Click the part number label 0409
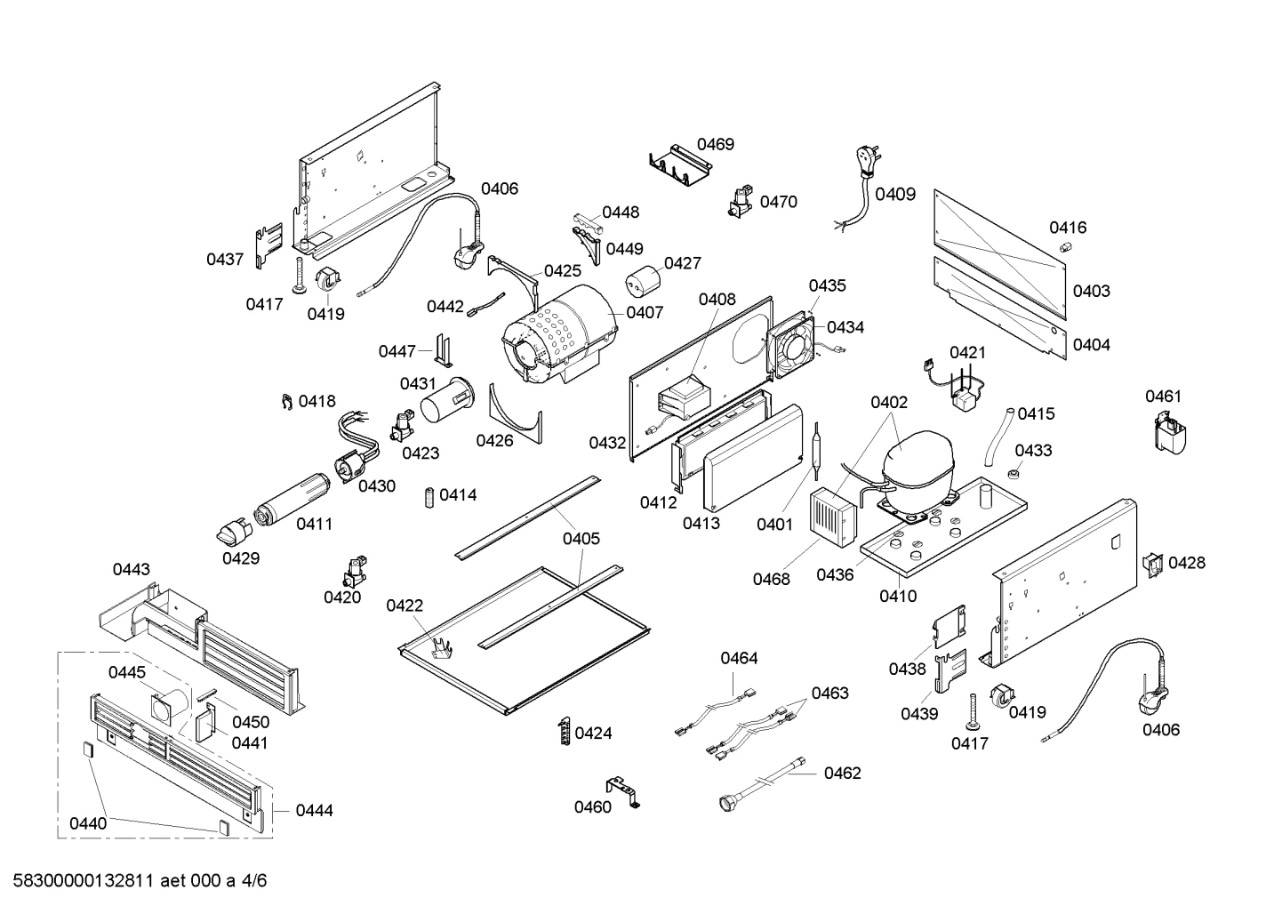point(894,193)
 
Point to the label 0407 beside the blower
point(645,312)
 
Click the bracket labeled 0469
point(680,166)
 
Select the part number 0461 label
point(1163,396)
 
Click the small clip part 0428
point(1152,564)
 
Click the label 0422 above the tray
point(405,605)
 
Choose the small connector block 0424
point(564,732)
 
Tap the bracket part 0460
point(624,790)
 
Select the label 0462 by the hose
point(842,773)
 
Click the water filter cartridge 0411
point(292,498)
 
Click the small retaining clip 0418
point(286,403)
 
